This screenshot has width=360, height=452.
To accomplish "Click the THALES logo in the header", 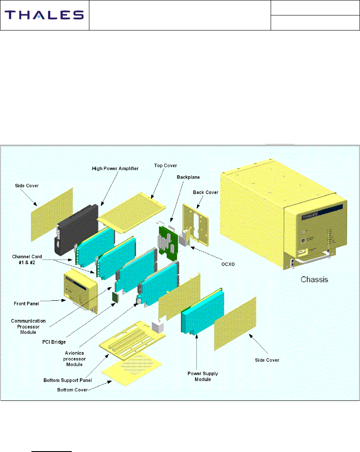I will pyautogui.click(x=44, y=15).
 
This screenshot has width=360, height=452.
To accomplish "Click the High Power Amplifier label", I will pyautogui.click(x=115, y=168).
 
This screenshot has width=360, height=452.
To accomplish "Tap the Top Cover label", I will pyautogui.click(x=165, y=165).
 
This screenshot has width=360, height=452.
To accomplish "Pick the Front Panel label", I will pyautogui.click(x=27, y=303).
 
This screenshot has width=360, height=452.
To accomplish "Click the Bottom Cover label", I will pyautogui.click(x=73, y=390).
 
